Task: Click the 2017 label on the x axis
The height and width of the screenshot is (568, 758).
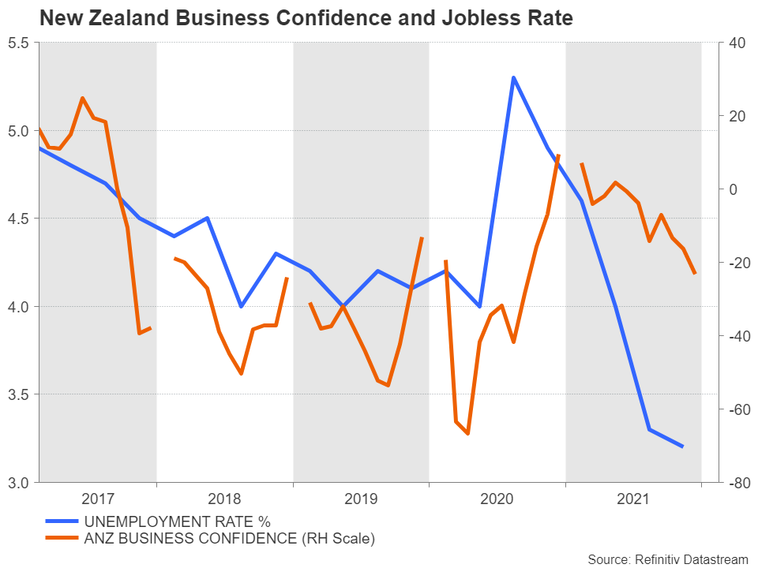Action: [x=98, y=499]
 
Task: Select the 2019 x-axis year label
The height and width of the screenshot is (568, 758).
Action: [x=362, y=499]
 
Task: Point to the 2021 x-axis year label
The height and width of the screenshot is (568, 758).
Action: [x=633, y=499]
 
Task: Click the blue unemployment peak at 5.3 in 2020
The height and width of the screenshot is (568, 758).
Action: [x=513, y=77]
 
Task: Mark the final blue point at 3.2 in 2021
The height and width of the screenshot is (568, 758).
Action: [x=682, y=447]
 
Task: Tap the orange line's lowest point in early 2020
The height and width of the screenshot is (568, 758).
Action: [x=467, y=434]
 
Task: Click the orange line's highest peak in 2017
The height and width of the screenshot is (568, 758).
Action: [x=82, y=98]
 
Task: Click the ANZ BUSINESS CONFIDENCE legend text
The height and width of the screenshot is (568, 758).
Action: [x=229, y=539]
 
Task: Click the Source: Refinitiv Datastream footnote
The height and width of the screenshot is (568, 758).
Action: [x=667, y=559]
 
